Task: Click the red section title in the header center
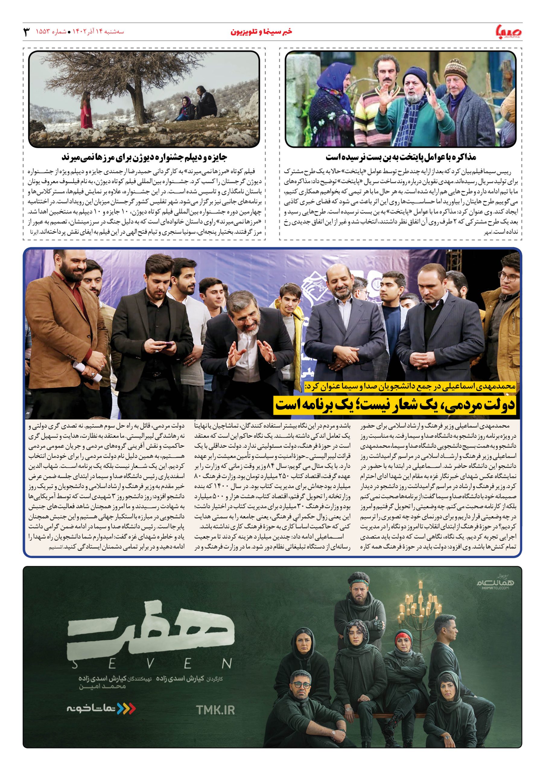point(261,32)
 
